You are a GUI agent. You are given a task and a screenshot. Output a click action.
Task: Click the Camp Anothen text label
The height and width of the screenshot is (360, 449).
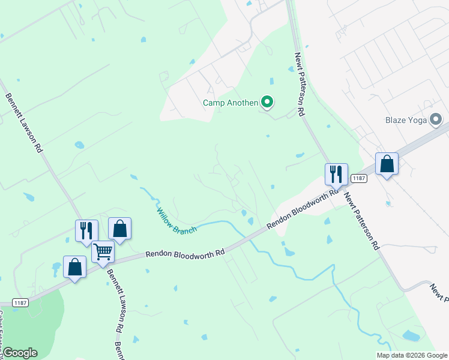pos(231,103)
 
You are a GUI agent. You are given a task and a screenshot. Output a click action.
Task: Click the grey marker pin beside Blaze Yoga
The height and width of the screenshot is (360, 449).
pos(436,119)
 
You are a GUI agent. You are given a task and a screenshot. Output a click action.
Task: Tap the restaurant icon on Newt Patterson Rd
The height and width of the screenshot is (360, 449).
pos(336,175)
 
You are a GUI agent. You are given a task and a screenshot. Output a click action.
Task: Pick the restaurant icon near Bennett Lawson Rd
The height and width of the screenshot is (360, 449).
pos(86,231)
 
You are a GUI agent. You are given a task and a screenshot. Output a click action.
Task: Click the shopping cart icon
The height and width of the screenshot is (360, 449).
pos(103,252)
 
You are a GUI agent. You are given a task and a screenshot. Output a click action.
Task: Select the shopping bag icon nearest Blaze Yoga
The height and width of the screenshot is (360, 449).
pos(387,164)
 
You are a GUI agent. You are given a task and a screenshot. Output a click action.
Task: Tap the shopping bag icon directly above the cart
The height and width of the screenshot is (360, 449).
pos(119,229)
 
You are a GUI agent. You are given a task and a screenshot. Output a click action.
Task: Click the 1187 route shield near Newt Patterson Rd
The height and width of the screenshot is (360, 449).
pos(359,178)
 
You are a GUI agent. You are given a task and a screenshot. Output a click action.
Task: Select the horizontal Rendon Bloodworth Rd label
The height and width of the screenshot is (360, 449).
pos(185,254)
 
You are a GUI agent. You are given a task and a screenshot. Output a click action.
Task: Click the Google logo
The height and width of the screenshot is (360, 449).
pos(20,353)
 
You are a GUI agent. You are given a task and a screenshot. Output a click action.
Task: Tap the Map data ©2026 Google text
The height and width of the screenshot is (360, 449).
pos(411,355)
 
